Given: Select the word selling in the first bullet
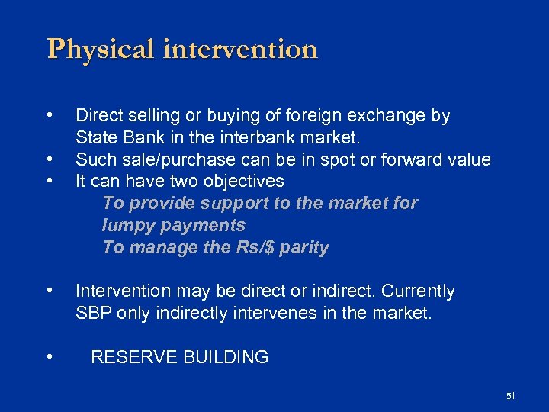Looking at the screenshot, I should [155, 116].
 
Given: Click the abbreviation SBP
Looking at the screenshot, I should [93, 313].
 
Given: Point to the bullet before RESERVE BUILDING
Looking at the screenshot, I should [50, 356].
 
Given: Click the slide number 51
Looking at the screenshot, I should [510, 395].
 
